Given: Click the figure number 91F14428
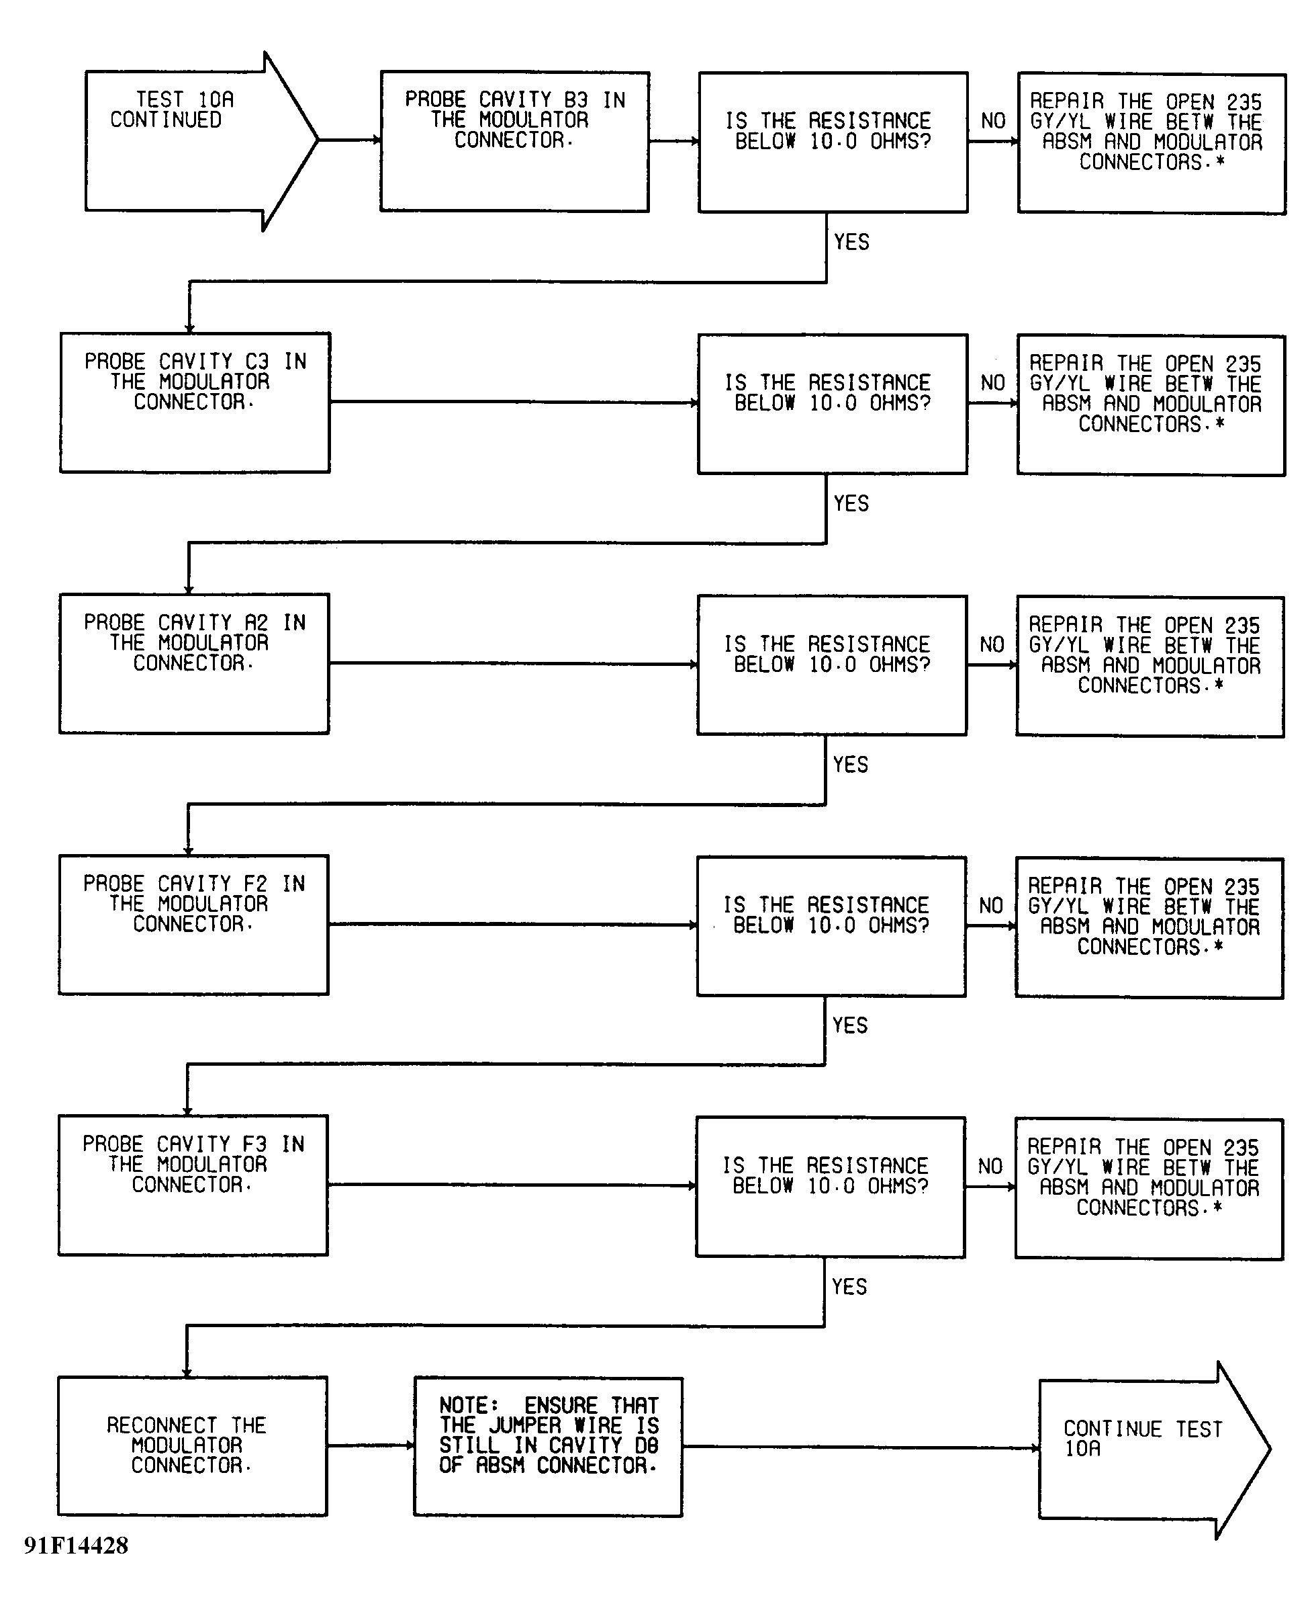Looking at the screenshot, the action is pyautogui.click(x=76, y=1545).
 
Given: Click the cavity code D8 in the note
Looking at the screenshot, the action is pyautogui.click(x=646, y=1445).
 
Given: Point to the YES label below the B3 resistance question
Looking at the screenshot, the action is pyautogui.click(x=852, y=242).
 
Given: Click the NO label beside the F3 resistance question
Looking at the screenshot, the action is pyautogui.click(x=990, y=1166).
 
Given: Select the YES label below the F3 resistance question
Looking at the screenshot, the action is pyautogui.click(x=849, y=1286).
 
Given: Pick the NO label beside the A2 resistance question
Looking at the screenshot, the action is pyautogui.click(x=992, y=644).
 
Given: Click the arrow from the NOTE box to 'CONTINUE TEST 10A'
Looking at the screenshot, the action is pyautogui.click(x=861, y=1447).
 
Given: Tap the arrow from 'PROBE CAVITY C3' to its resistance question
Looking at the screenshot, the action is pyautogui.click(x=514, y=403).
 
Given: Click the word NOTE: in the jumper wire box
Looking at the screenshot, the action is pyautogui.click(x=469, y=1405).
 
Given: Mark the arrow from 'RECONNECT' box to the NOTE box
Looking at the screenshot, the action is pyautogui.click(x=371, y=1445).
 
